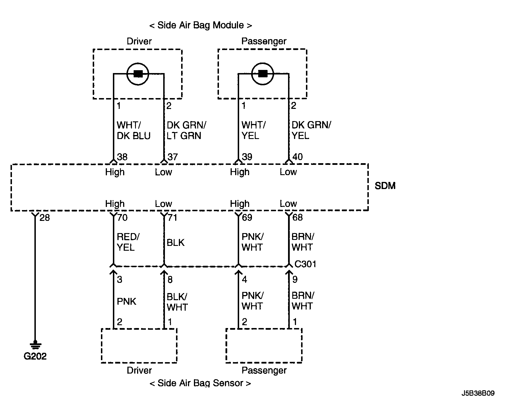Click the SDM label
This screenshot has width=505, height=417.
[x=385, y=186]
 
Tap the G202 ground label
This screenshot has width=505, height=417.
[x=35, y=356]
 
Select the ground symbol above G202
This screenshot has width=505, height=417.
[x=35, y=345]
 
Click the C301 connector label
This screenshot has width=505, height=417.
[x=305, y=264]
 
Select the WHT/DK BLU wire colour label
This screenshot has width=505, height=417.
[x=133, y=130]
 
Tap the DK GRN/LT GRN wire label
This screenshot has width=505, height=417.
[x=186, y=130]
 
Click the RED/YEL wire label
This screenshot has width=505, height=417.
[x=128, y=242]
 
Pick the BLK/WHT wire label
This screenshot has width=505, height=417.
[x=177, y=302]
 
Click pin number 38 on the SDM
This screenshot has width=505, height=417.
[x=122, y=157]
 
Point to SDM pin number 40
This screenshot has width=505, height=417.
[x=297, y=157]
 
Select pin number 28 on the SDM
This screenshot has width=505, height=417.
[x=45, y=218]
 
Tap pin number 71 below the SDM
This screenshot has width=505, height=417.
[x=172, y=218]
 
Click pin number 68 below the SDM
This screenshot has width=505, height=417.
[x=297, y=218]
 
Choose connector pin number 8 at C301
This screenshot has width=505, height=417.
[x=170, y=280]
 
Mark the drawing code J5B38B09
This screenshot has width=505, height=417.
[x=478, y=393]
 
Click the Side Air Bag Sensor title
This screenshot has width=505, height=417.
[x=200, y=383]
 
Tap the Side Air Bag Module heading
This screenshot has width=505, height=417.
[x=200, y=25]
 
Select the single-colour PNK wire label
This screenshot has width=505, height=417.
[x=127, y=302]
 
